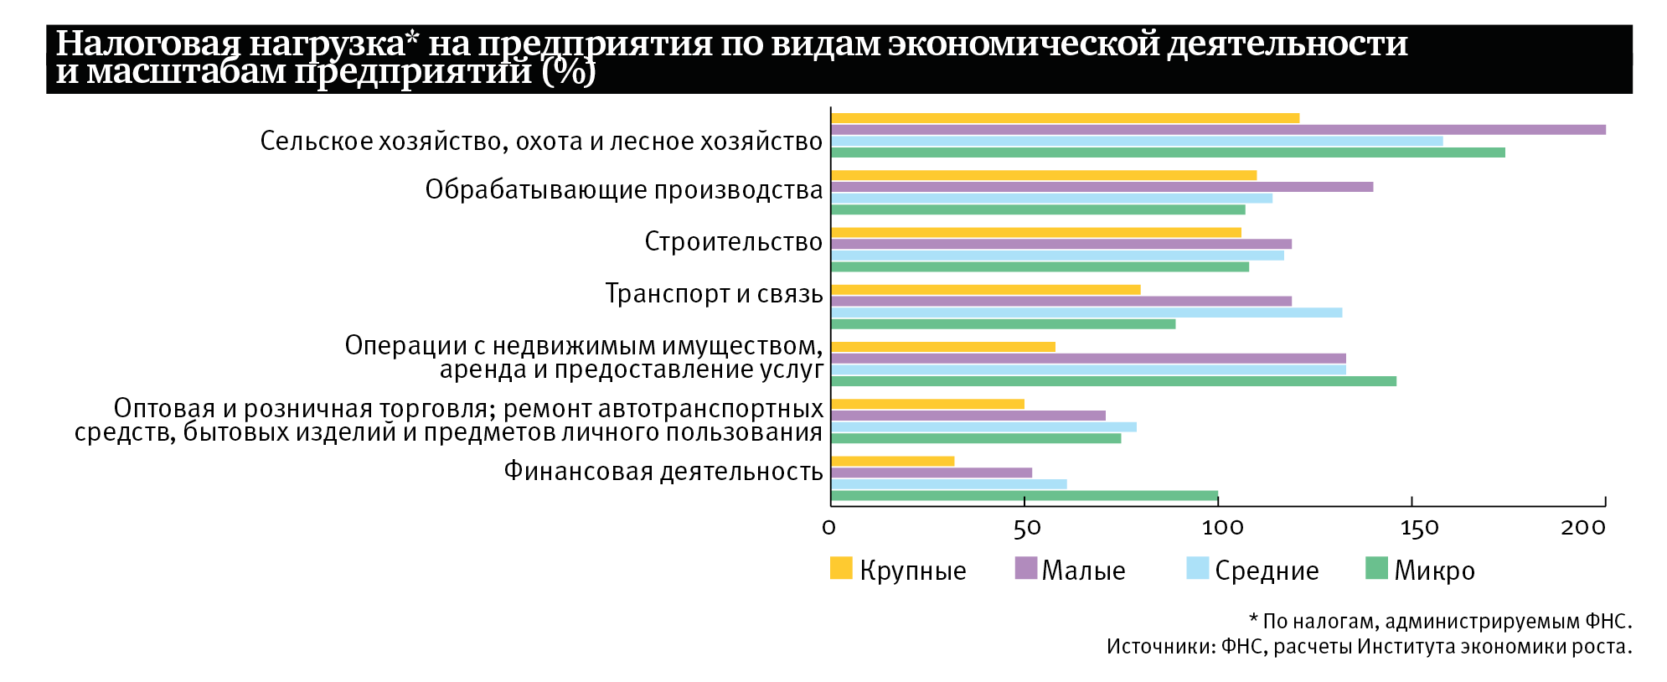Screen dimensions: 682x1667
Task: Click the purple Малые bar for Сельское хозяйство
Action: point(1218,130)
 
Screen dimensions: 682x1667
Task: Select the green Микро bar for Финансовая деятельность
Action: point(1024,496)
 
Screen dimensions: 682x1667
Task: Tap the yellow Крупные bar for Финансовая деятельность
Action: point(892,462)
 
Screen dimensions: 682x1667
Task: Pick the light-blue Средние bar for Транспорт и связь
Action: point(1086,313)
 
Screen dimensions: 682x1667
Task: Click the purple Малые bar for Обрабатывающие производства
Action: point(1102,187)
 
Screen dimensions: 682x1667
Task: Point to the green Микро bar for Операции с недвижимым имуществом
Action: point(1113,381)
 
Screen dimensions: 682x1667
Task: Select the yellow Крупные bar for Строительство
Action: point(1035,233)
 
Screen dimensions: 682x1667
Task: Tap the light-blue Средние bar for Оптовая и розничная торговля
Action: point(983,427)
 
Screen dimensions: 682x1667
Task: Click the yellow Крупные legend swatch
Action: point(841,568)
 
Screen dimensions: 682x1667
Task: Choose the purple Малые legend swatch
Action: point(1025,568)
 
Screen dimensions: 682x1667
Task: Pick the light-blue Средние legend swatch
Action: point(1198,568)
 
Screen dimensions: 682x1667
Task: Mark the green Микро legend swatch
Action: point(1376,568)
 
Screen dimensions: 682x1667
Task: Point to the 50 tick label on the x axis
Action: point(1026,528)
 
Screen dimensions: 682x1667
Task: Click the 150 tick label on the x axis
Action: point(1419,528)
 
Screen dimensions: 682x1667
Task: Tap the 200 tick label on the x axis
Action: point(1583,528)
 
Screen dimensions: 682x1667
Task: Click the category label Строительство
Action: point(733,242)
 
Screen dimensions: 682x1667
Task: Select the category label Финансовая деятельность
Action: point(663,472)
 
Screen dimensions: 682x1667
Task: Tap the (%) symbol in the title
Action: point(569,72)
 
